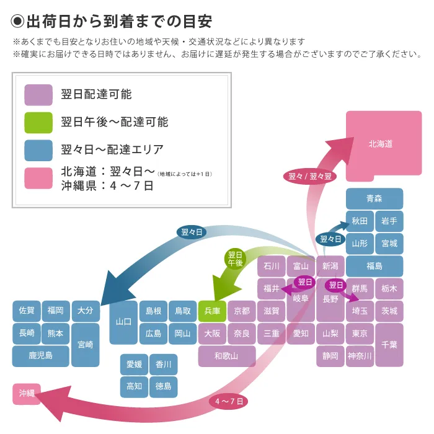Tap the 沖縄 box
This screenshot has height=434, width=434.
point(27,394)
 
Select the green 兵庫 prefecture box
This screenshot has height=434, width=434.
point(212,311)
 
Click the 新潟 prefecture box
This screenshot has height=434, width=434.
point(330,266)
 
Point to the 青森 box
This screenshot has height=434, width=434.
point(374,198)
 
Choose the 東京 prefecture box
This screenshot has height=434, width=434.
point(360,334)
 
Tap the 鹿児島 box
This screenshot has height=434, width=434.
point(41,356)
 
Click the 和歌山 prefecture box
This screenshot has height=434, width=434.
point(227,356)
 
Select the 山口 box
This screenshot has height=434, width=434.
point(123,322)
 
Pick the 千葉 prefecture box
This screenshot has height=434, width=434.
point(389,345)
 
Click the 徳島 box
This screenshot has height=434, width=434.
point(163,387)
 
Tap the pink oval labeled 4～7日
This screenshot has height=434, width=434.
point(229,401)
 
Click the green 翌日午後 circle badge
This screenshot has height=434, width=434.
point(235,259)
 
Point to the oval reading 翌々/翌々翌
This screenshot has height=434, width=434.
point(310,176)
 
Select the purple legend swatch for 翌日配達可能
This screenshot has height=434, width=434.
point(38,95)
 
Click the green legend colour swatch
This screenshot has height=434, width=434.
point(38,123)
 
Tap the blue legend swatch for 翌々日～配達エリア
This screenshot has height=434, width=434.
point(38,150)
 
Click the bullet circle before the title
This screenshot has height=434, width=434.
point(17,21)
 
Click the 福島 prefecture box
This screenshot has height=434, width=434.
point(374,266)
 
